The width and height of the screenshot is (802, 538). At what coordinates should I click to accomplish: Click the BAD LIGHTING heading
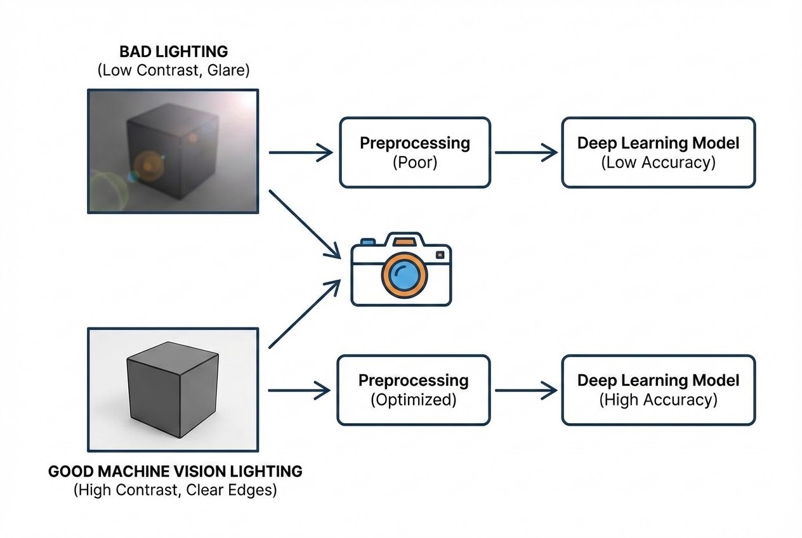coord(174,52)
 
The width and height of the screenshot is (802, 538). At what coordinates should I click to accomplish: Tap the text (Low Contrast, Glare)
coord(174,70)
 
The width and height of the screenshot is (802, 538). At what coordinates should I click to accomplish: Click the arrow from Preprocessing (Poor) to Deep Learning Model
coord(527,152)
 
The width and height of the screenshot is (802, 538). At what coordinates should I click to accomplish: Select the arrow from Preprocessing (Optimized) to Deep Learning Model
coord(527,390)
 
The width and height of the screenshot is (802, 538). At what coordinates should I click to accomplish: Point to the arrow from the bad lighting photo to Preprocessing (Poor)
coord(301,152)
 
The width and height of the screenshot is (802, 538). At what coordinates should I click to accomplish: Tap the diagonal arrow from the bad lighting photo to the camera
coord(305,224)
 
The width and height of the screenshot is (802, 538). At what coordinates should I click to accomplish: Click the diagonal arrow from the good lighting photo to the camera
coord(305,314)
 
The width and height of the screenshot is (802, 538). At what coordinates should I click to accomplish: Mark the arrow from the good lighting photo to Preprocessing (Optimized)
coord(299,390)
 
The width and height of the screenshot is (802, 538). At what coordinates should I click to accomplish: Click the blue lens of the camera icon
coord(405,275)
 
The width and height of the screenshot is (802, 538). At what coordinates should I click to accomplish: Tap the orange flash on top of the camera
coord(403,242)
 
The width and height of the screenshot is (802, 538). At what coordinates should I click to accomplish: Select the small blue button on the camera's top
coord(368,242)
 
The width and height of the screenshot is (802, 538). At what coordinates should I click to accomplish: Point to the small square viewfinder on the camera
coord(440,255)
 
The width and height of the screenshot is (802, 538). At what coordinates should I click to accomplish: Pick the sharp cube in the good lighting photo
coord(173,390)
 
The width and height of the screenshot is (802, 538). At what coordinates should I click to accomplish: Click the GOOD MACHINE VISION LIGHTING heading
coord(175,471)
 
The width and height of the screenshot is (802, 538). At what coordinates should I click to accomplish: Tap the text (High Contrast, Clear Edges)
coord(175,490)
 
